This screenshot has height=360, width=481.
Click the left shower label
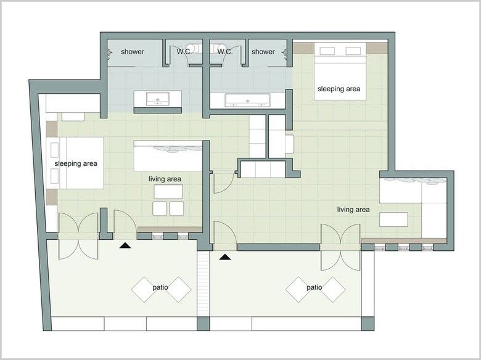point(133,52)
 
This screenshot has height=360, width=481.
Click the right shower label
point(263,52)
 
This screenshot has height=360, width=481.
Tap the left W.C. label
point(184,52)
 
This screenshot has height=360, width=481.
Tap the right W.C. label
point(225,52)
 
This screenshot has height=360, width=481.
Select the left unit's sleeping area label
point(76,163)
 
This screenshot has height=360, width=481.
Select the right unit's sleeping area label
point(339,89)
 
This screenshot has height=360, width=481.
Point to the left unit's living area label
point(165,179)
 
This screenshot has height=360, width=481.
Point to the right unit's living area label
point(353,210)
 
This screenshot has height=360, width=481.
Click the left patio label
point(160,287)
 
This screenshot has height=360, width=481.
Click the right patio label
point(314,287)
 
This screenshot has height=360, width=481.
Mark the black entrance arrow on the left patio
point(125,245)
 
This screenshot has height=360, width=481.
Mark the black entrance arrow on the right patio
point(225,257)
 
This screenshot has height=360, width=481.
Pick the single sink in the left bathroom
point(158,99)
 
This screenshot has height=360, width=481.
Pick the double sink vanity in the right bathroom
point(247,100)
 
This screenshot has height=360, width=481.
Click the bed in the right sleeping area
point(340,71)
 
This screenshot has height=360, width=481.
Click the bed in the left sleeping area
point(75,163)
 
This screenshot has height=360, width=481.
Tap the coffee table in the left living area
point(168,192)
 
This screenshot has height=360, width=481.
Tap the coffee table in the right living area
point(393,219)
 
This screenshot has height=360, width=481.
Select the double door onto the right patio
point(340,247)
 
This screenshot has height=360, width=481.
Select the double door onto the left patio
point(78,236)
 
